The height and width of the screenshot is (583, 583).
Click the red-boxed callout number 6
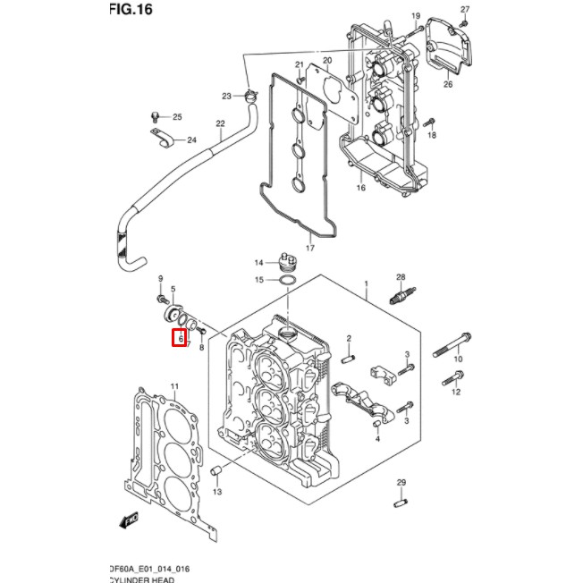coord(179,338)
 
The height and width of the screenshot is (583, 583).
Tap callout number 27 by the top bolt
coord(464,10)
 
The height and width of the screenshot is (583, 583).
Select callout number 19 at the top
coord(416,17)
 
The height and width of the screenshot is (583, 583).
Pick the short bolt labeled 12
coord(447,378)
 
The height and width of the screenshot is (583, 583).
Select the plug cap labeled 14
coord(287,261)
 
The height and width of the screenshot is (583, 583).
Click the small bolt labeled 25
coord(158,116)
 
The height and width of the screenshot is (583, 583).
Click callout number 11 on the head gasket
coord(174,386)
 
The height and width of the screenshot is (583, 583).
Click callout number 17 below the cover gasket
coord(310,248)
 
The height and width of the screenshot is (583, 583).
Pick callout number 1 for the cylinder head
coord(366,283)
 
